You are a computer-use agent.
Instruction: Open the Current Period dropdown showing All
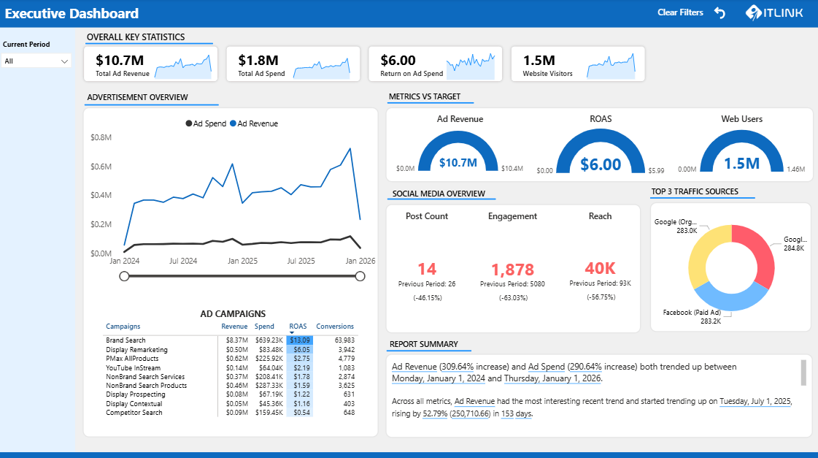point(36,61)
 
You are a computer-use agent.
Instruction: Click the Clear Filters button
point(680,12)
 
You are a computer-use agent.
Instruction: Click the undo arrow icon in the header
point(720,13)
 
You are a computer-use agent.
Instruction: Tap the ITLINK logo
point(775,13)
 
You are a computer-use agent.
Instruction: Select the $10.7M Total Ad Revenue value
point(120,61)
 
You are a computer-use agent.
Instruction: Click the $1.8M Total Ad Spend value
point(258,61)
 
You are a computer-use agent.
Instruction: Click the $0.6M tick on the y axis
point(101,167)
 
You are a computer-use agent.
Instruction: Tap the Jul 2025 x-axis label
point(301,261)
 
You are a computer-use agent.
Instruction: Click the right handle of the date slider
point(360,275)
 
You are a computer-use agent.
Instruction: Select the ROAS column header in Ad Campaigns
point(298,327)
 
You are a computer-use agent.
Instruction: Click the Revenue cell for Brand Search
point(235,340)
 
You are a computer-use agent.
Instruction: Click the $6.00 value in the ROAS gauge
point(601,164)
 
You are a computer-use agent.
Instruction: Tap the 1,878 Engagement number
point(512,270)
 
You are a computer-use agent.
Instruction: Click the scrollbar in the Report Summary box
point(803,372)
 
